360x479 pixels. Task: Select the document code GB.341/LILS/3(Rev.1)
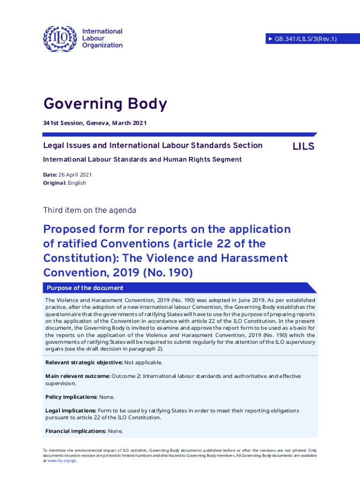(306, 39)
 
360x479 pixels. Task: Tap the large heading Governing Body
(105, 104)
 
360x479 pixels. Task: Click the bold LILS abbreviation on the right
(303, 146)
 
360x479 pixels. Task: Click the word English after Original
(77, 183)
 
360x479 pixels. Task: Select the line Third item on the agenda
(89, 210)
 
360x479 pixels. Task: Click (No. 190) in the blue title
(169, 272)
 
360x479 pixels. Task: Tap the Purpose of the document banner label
(85, 288)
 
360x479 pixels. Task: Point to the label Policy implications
(72, 397)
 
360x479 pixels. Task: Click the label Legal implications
(71, 411)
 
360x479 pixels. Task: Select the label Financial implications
(76, 431)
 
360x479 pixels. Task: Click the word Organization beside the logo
(102, 45)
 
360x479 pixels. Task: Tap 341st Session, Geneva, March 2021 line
(95, 123)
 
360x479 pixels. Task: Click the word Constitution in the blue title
(80, 258)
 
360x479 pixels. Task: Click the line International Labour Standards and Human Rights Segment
(142, 160)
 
